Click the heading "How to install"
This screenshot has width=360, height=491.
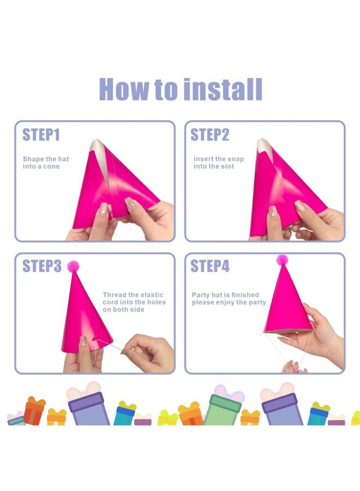coord(181,89)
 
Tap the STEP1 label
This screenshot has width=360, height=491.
coord(41,135)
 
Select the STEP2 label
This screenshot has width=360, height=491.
coord(210,135)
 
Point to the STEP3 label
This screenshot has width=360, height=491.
coord(41,266)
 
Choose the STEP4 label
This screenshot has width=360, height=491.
coord(210,266)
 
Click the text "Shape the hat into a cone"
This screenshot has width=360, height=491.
coord(46,163)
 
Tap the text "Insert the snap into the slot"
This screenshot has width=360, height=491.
coord(219,163)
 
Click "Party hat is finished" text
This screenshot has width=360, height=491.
coord(225,295)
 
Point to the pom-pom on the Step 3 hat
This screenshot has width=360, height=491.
coord(73,266)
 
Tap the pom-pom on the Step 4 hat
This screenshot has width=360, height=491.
coord(282,260)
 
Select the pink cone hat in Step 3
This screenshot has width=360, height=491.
coord(85,313)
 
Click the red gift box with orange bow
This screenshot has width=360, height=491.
coord(34,411)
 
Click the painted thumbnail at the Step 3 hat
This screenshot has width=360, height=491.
coord(83,340)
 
